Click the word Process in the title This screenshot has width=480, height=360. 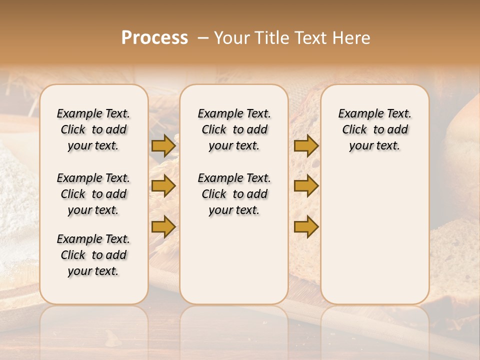(x=154, y=37)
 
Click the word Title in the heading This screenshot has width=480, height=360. (x=270, y=38)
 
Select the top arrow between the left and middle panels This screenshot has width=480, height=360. (x=163, y=145)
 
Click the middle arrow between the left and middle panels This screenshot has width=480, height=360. (x=163, y=186)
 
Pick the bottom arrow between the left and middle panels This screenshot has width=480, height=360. (x=163, y=226)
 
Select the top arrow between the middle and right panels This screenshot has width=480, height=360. (x=306, y=145)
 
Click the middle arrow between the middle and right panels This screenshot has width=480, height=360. (x=306, y=186)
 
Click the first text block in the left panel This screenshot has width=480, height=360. (x=93, y=129)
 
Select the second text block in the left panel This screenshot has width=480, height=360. (x=93, y=194)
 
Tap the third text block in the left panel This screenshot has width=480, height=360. (x=93, y=255)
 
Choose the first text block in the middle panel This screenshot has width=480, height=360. (x=234, y=129)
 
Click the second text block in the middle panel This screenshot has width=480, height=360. (x=234, y=194)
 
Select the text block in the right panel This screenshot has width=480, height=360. (x=374, y=129)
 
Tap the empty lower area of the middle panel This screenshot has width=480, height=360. (x=234, y=260)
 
